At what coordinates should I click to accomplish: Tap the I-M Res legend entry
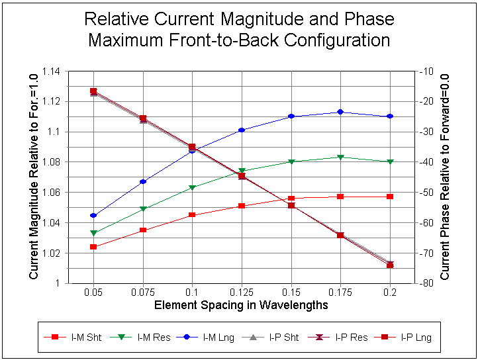[x=153, y=337]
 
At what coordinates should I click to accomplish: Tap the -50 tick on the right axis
[x=424, y=192]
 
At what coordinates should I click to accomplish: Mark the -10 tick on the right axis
[x=424, y=71]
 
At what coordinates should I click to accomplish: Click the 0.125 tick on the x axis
[x=241, y=292]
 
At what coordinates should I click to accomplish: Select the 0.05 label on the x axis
[x=93, y=292]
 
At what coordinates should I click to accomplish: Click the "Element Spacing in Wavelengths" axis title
[x=241, y=305]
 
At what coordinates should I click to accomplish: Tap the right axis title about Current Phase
[x=445, y=177]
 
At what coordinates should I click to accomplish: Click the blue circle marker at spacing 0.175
[x=340, y=112]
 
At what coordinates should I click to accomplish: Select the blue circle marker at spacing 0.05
[x=93, y=216]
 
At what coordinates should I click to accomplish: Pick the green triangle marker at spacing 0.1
[x=192, y=188]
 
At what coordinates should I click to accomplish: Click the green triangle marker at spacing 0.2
[x=390, y=161]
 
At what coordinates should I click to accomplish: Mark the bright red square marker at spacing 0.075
[x=143, y=230]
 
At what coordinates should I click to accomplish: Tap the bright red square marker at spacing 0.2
[x=390, y=197]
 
